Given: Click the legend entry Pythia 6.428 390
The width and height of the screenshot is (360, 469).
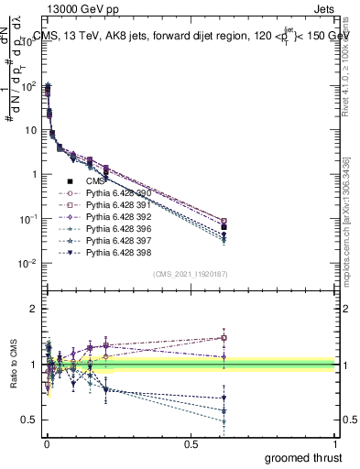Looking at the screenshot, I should [113, 193].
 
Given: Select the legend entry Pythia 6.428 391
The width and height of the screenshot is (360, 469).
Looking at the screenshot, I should [113, 204].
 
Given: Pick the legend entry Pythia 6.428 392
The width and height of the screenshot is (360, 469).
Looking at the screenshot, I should [113, 216].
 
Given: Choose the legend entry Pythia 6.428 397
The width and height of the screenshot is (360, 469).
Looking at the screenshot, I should [113, 239].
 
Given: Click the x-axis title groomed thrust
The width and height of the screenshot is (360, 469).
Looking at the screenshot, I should [305, 456].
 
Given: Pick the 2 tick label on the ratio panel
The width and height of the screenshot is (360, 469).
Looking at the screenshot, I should [34, 310].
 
